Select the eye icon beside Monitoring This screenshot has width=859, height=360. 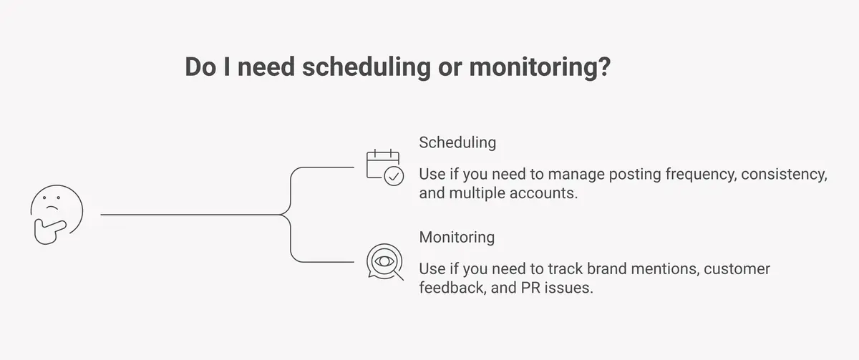(x=384, y=262)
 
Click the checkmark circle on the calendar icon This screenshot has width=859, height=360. (x=394, y=176)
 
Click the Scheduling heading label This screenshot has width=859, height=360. (x=457, y=142)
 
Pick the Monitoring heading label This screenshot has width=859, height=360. (x=457, y=237)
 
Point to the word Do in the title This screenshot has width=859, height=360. (x=200, y=67)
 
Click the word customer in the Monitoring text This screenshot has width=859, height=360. (x=737, y=270)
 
